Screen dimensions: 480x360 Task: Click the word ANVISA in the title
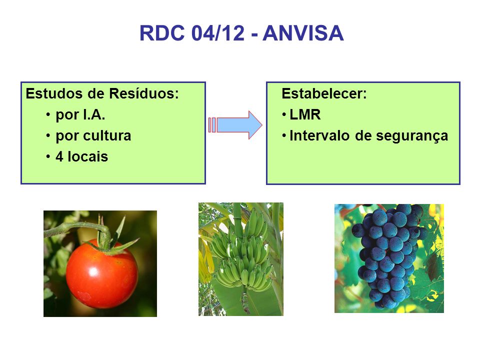(303, 33)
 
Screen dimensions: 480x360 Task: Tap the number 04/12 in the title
(218, 33)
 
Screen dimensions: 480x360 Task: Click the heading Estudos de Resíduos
(102, 93)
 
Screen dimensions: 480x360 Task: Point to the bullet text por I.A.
(80, 115)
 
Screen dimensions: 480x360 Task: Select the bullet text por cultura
(93, 136)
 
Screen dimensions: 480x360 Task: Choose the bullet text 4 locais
(81, 156)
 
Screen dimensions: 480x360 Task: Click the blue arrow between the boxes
(235, 125)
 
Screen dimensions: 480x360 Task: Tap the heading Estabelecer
(324, 93)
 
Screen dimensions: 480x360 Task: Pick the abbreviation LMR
(305, 115)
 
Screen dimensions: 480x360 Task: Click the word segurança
(412, 136)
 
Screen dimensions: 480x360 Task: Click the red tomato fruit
(101, 274)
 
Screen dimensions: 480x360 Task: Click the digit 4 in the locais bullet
(59, 156)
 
